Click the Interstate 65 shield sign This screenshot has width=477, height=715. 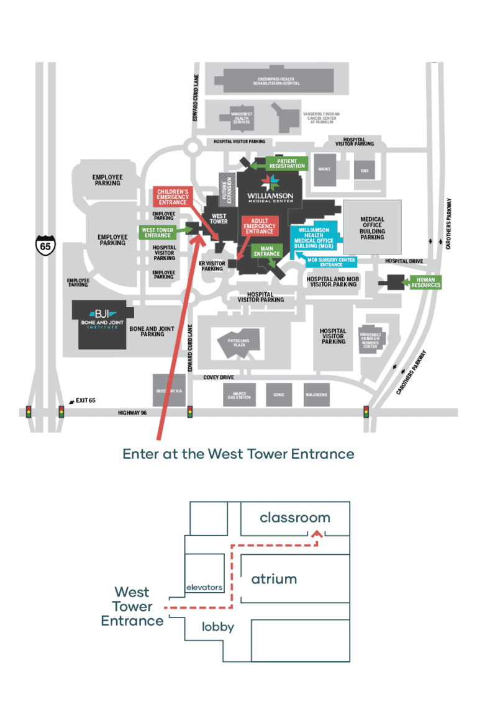[45, 244]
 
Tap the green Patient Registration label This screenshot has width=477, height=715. [287, 163]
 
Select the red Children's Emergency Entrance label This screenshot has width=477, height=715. [172, 197]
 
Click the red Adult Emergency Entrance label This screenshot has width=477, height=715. [259, 227]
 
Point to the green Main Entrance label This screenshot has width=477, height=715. [267, 251]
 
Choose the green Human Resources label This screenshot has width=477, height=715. [425, 282]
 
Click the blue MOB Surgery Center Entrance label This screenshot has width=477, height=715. [331, 262]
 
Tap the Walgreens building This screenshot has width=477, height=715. [316, 394]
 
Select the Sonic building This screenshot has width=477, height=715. [278, 394]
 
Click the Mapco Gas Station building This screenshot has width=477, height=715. [238, 394]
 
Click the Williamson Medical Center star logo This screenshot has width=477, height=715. [270, 183]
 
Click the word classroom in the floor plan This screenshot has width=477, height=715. [295, 518]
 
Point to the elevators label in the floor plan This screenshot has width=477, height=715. [204, 587]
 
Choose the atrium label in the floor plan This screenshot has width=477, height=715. [274, 579]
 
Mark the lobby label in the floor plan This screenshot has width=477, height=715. [218, 627]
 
